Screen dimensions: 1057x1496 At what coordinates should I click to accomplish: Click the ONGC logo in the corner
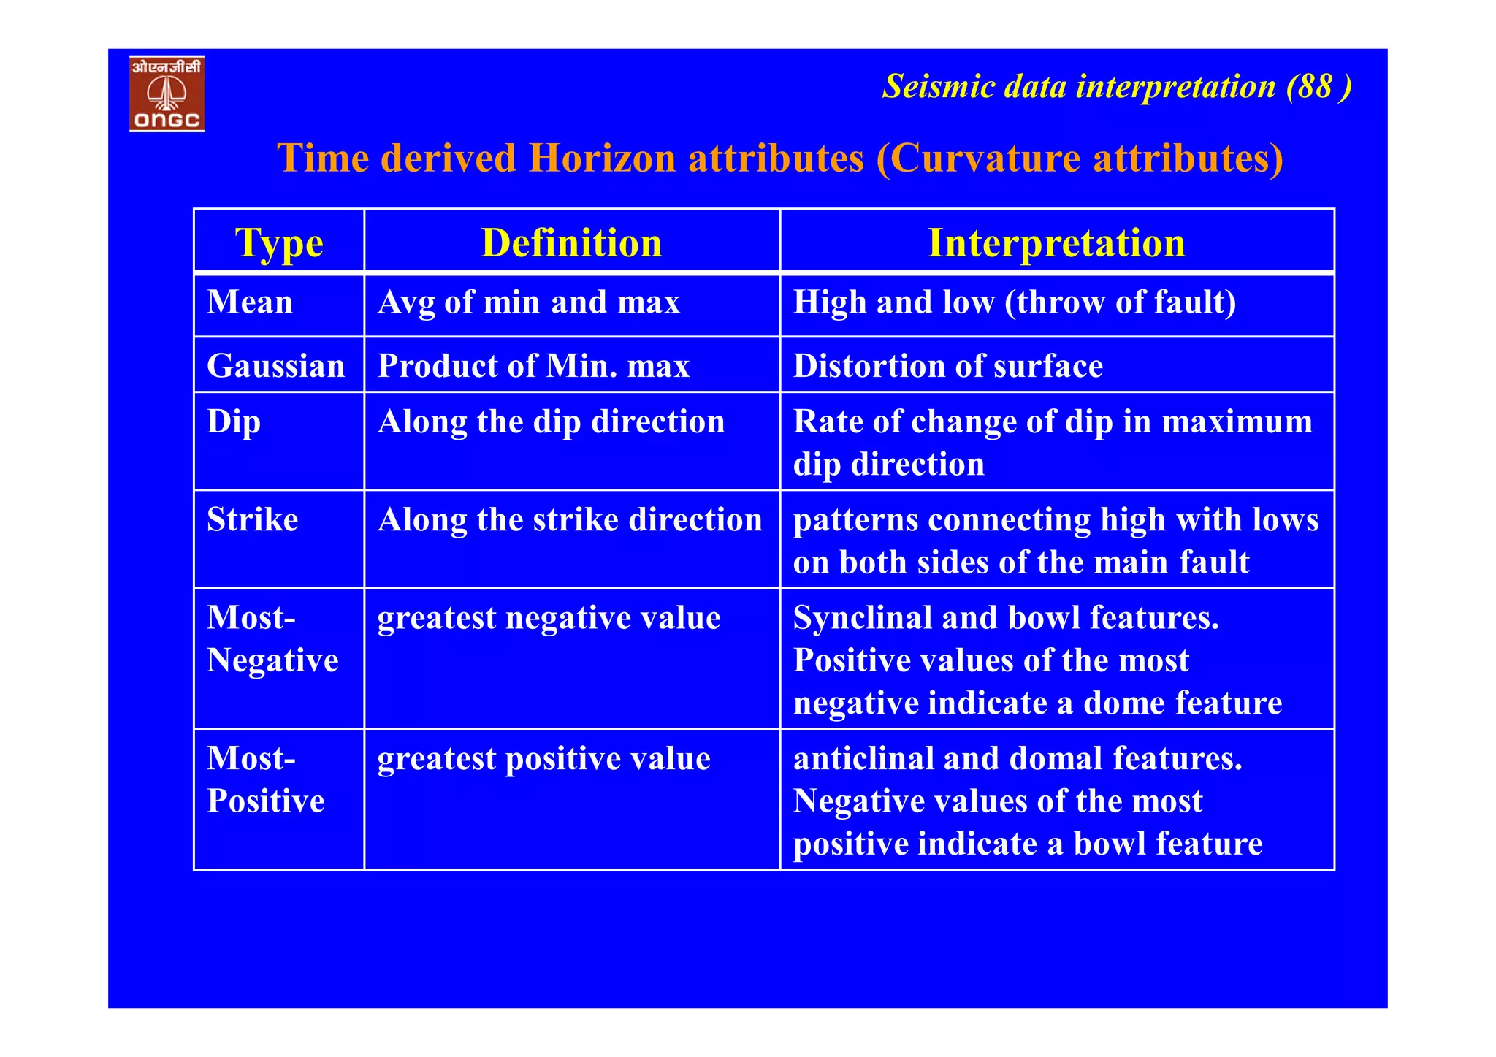point(167,94)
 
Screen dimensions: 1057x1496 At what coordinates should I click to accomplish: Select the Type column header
point(279,243)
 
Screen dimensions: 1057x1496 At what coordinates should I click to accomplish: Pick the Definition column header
point(571,243)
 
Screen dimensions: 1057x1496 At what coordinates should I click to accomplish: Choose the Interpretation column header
point(1056,243)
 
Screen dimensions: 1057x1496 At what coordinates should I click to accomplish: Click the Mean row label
point(250,302)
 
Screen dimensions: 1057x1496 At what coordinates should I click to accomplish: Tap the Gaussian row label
point(275,366)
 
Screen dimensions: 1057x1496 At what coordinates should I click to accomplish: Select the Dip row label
point(234,422)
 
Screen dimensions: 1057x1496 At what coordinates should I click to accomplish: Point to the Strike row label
point(253,520)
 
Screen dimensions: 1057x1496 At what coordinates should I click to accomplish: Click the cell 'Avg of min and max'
point(529,302)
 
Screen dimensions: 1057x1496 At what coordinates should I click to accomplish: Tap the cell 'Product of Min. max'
point(533,366)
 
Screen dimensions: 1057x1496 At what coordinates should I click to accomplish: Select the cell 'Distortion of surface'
point(948,366)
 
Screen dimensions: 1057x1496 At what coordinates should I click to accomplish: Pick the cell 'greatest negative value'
point(549,618)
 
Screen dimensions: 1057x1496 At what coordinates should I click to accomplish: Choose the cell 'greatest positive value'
point(543,759)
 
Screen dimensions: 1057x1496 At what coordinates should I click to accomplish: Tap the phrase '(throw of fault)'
point(1121,302)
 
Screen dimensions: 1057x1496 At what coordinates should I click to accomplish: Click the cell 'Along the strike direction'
point(570,520)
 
